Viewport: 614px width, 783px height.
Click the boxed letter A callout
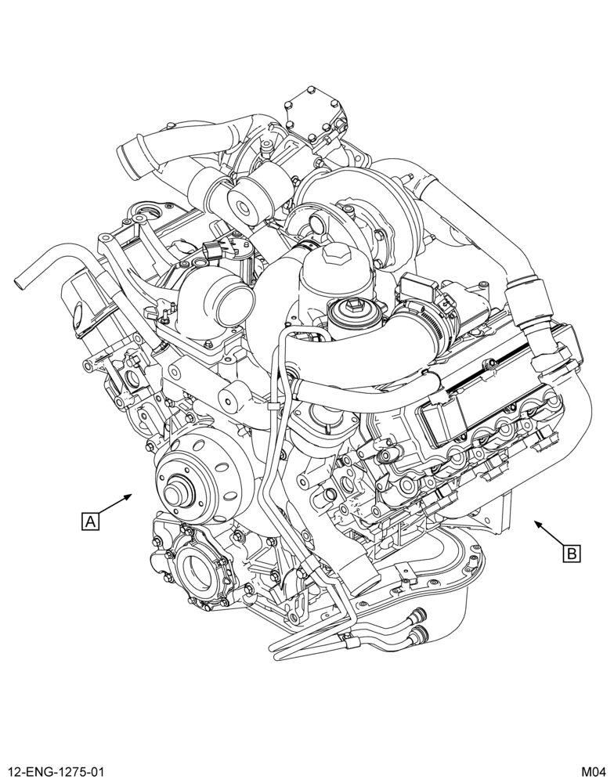click(90, 521)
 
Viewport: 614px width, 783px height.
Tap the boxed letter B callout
click(572, 554)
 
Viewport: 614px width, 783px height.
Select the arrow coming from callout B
click(550, 534)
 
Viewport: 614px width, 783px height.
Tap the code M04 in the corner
click(593, 773)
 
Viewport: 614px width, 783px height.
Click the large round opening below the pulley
click(199, 568)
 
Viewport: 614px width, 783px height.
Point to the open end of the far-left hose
click(19, 282)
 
